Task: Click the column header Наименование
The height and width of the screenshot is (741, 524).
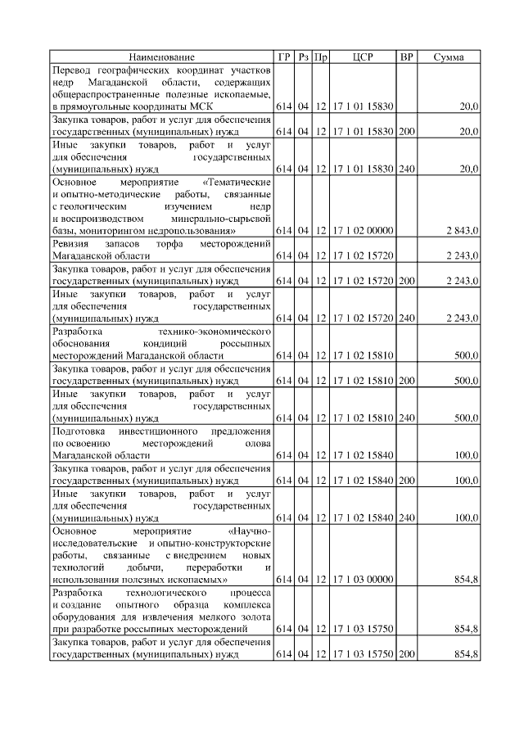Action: [x=161, y=57]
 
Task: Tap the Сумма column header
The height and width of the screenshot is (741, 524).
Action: [x=448, y=57]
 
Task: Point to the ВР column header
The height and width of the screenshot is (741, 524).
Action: [x=406, y=57]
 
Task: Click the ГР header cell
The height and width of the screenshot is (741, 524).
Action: [x=283, y=57]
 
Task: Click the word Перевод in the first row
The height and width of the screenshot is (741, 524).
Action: [x=74, y=70]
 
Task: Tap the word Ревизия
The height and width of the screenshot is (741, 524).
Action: [x=73, y=244]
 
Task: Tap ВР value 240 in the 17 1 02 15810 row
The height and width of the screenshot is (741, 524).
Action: [x=406, y=418]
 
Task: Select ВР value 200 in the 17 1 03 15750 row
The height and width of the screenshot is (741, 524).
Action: [x=406, y=654]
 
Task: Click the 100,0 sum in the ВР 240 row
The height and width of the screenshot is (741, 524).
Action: [x=466, y=517]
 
